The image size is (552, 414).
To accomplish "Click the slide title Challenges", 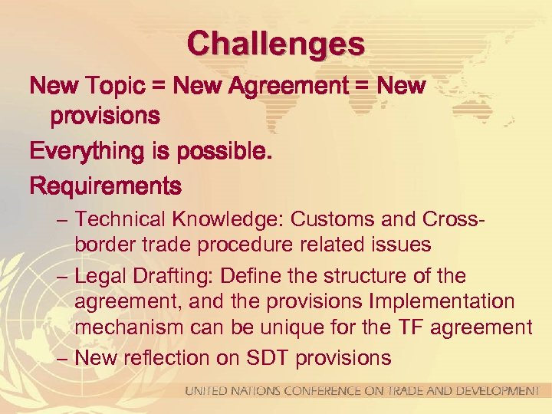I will [x=276, y=43].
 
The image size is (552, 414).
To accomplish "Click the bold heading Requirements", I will [x=105, y=186].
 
